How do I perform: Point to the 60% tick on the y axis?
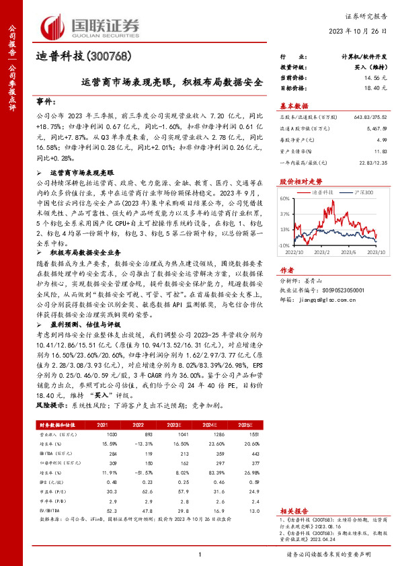[x=285, y=200]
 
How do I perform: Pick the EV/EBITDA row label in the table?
[x=50, y=511]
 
